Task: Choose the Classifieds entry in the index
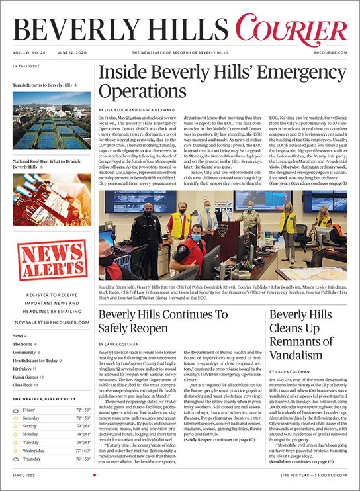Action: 26,384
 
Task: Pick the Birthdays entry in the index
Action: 24,368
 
